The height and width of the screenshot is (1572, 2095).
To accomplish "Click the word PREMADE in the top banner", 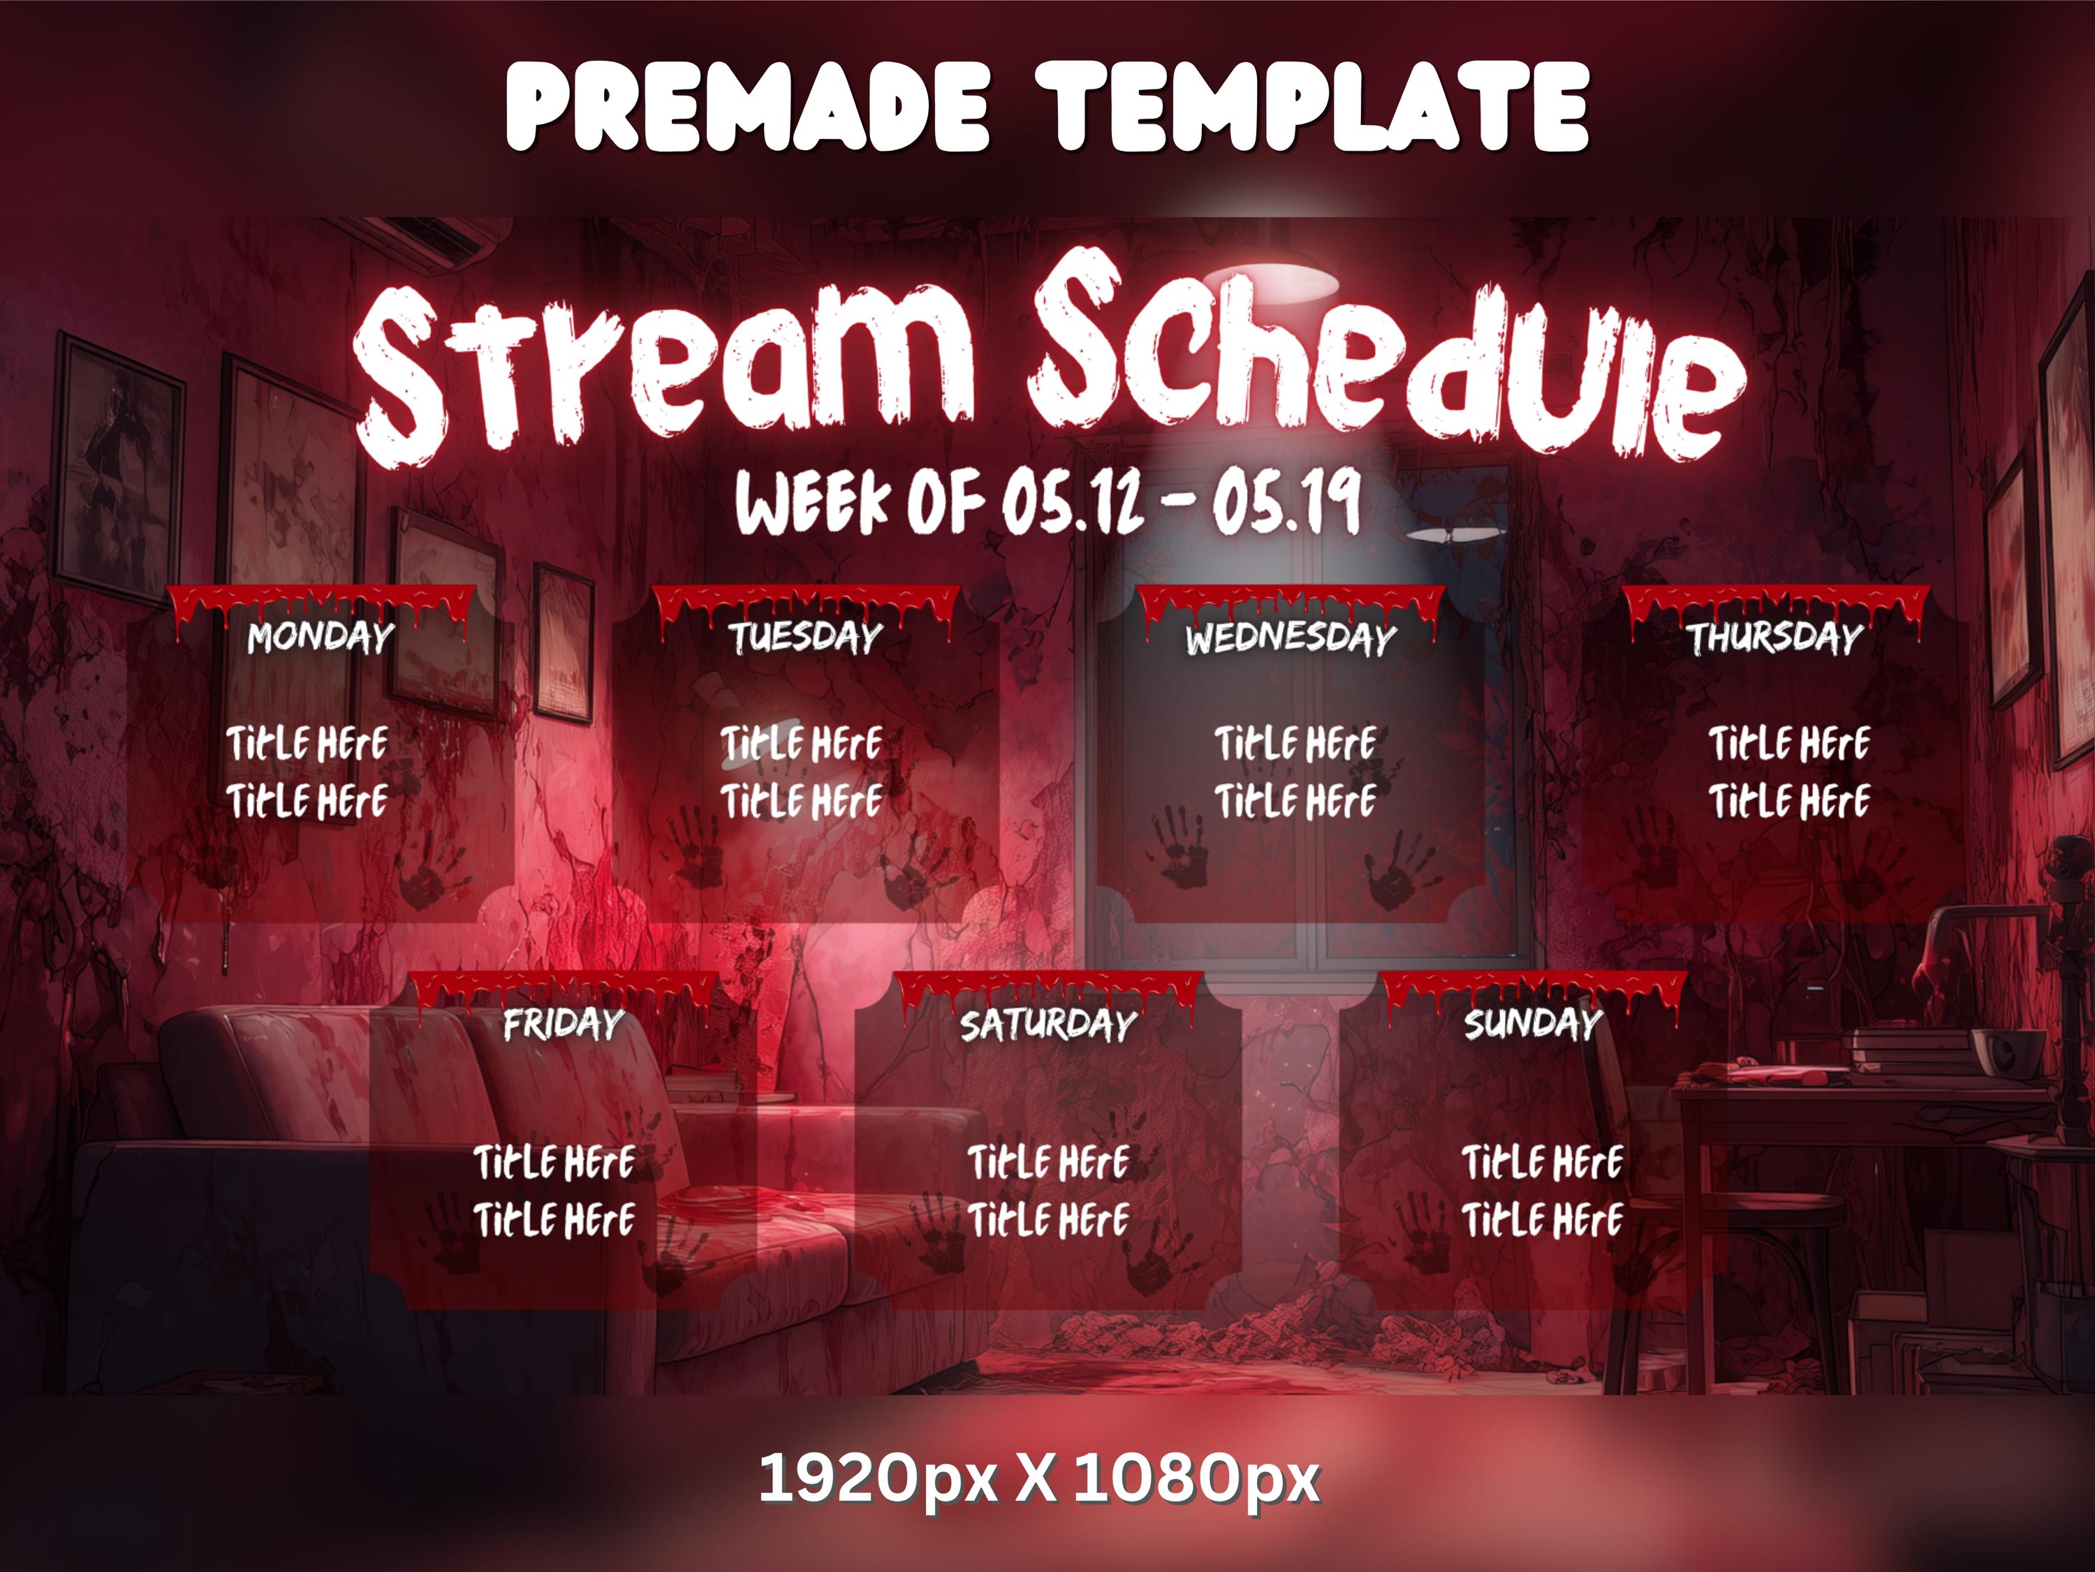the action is pyautogui.click(x=747, y=106).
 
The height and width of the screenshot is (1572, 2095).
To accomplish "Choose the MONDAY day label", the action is pyautogui.click(x=320, y=638).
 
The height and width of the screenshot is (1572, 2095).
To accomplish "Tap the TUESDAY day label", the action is pyautogui.click(x=805, y=638).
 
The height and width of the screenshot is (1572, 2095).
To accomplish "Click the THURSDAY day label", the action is pyautogui.click(x=1774, y=638).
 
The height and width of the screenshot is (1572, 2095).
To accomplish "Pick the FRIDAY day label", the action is pyautogui.click(x=563, y=1024).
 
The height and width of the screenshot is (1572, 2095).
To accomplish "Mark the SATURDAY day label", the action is pyautogui.click(x=1047, y=1024).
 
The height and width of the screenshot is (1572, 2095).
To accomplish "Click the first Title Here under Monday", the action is pyautogui.click(x=307, y=743).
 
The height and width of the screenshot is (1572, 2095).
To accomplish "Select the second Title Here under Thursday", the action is pyautogui.click(x=1789, y=801).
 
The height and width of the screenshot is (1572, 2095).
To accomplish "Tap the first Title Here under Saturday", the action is pyautogui.click(x=1048, y=1163).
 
